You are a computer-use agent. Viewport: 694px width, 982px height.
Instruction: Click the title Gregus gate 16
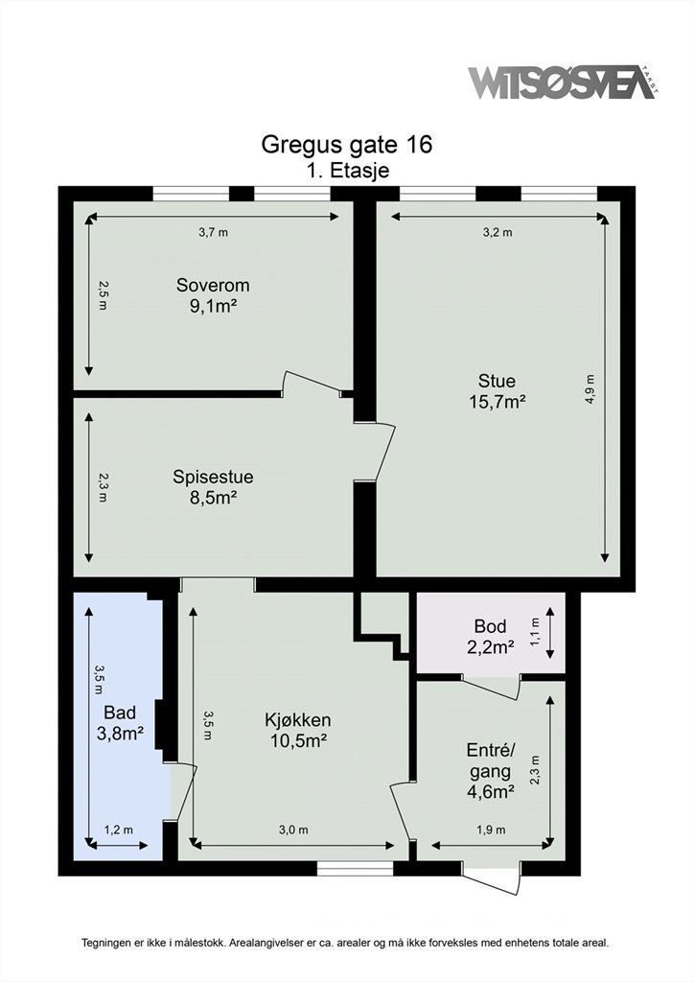(x=347, y=145)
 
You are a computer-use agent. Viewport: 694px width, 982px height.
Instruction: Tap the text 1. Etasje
(x=347, y=171)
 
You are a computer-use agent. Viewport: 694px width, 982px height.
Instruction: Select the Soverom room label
(x=213, y=285)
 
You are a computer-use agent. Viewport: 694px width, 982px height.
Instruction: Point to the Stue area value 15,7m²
(x=497, y=402)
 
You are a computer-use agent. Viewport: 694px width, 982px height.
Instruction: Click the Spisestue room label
(x=213, y=477)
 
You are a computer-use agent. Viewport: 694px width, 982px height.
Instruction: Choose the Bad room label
(x=120, y=713)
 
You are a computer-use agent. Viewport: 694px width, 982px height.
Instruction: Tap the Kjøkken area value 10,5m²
(x=298, y=741)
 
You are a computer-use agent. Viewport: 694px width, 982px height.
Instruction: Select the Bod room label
(x=491, y=626)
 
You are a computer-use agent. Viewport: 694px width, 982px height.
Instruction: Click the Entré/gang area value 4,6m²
(x=491, y=791)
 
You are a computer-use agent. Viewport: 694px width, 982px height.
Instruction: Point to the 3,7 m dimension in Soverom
(x=214, y=232)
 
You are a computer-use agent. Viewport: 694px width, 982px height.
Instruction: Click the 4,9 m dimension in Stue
(x=590, y=389)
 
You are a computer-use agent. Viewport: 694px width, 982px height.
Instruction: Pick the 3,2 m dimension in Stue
(x=497, y=232)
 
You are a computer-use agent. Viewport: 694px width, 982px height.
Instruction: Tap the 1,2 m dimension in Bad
(x=118, y=830)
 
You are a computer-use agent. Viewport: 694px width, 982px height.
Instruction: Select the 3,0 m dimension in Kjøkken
(x=293, y=830)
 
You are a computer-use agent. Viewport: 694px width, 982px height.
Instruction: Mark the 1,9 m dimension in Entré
(x=491, y=830)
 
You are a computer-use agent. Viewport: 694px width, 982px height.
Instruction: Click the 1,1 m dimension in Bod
(x=535, y=633)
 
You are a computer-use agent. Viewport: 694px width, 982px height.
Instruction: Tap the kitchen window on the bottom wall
(x=356, y=868)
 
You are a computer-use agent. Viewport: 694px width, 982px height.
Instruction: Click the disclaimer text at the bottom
(x=345, y=942)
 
